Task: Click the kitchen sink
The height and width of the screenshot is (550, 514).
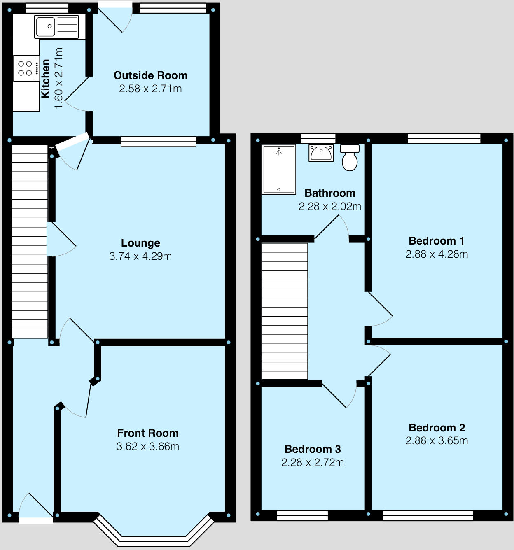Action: (56, 27)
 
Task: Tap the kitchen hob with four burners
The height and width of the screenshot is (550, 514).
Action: (26, 68)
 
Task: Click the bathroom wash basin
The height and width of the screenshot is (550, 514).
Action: (321, 153)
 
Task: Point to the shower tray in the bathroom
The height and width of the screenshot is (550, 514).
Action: (279, 169)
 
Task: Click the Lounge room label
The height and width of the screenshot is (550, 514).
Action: (140, 243)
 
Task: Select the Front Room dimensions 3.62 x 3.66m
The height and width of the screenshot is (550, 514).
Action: (147, 446)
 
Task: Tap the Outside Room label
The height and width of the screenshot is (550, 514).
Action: (150, 75)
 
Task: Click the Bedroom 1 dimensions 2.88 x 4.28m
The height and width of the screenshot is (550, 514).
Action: (437, 254)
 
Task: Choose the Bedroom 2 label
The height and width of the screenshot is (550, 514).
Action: (437, 428)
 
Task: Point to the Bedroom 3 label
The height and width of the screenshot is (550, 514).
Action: (313, 449)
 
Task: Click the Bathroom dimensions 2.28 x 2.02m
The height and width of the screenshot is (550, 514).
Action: (329, 206)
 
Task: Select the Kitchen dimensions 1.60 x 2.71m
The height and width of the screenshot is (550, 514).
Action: (58, 78)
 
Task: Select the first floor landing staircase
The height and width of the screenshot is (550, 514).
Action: (285, 311)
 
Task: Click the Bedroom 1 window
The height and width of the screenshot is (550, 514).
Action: (444, 138)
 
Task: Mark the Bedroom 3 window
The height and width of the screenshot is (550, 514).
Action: (302, 515)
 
